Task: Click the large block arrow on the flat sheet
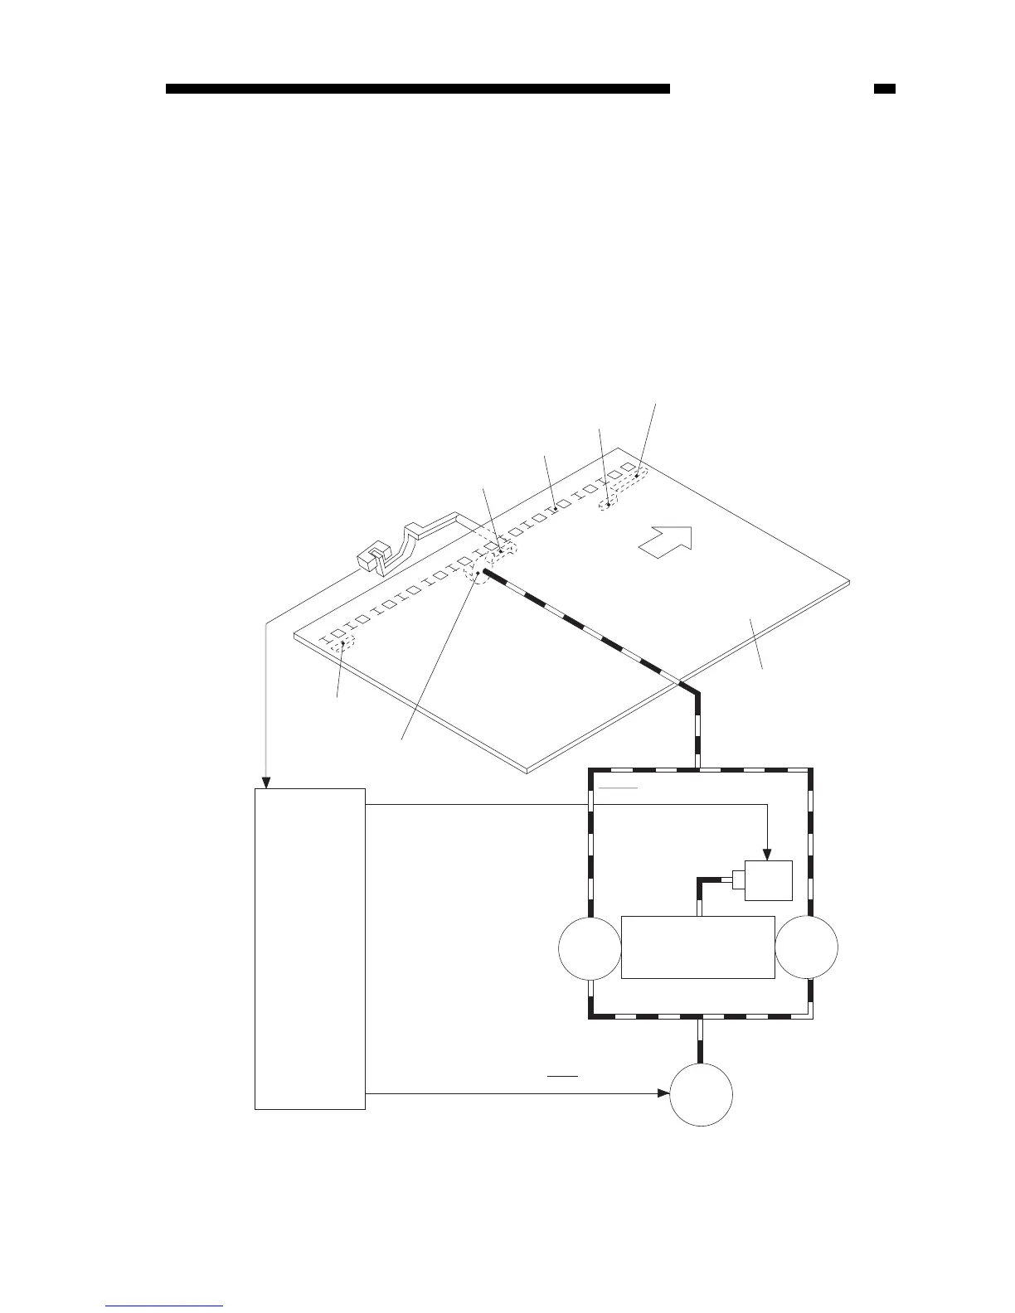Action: tap(667, 541)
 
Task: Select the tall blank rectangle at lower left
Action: tap(309, 948)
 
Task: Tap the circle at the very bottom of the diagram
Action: tap(701, 1094)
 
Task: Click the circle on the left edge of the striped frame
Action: tap(590, 948)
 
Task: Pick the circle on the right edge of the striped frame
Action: tap(807, 948)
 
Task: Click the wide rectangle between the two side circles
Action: tap(697, 947)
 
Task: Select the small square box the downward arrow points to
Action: tap(769, 881)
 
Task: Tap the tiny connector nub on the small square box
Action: tap(737, 881)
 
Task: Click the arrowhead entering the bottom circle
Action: tap(664, 1093)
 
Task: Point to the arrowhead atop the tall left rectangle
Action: tap(265, 782)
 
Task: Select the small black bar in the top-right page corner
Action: tap(884, 89)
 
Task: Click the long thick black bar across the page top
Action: tap(417, 89)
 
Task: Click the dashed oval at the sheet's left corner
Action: tap(342, 643)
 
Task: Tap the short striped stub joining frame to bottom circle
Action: tap(701, 1041)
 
